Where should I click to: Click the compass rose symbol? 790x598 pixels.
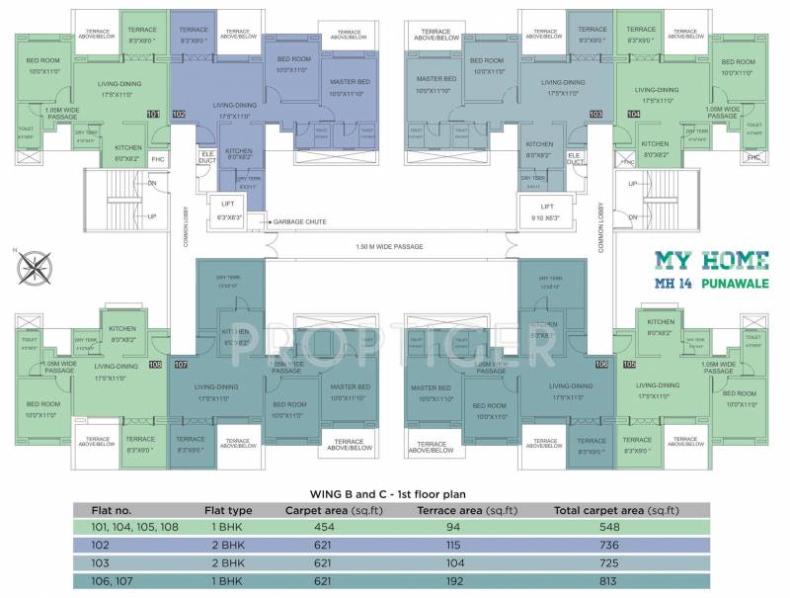(40, 265)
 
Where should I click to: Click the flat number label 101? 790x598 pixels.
(153, 115)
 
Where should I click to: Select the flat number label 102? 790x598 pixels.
(179, 115)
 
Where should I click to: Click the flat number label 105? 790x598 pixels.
(631, 365)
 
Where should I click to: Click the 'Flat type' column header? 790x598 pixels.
(228, 509)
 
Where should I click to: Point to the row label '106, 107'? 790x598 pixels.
(99, 581)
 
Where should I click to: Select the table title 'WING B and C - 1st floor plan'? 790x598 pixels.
(393, 491)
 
